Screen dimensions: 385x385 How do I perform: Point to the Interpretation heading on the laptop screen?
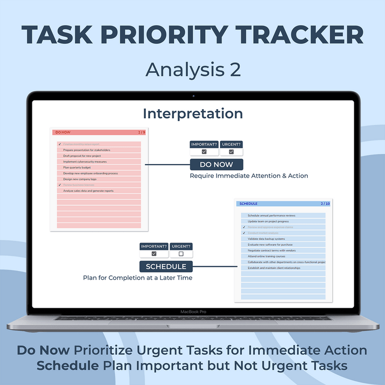193,114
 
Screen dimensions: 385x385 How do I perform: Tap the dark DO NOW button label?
216,165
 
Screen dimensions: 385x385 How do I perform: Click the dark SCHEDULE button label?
166,266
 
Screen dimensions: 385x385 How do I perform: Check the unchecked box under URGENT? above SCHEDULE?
181,254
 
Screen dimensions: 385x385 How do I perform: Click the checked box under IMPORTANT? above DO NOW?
204,152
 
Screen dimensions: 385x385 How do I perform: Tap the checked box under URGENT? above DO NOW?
231,152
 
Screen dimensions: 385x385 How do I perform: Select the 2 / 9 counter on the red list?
141,132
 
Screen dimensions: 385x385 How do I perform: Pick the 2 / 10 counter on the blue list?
325,204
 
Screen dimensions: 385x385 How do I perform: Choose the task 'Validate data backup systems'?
266,239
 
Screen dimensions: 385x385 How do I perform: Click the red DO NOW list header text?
63,132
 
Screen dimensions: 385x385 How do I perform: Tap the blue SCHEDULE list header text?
248,204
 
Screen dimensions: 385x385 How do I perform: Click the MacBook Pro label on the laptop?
193,312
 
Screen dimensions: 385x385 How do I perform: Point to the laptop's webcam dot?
193,96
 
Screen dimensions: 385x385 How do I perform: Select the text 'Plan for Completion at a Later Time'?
138,278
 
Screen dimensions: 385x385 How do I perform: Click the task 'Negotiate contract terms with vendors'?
272,251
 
